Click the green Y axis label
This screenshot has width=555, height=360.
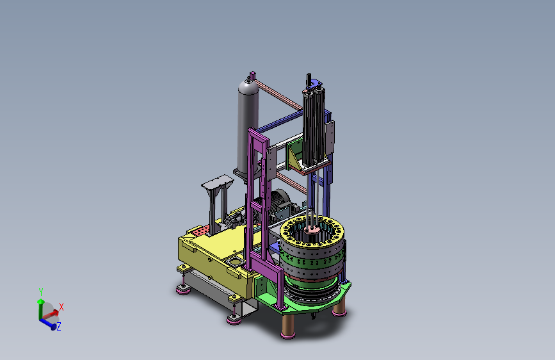click(x=41, y=292)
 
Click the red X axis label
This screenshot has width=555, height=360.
click(x=61, y=307)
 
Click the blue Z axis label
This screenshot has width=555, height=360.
click(x=59, y=326)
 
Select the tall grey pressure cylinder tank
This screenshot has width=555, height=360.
click(x=248, y=127)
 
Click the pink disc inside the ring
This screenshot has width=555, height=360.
click(x=312, y=229)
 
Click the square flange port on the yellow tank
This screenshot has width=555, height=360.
click(x=235, y=262)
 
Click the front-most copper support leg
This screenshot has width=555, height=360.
click(x=288, y=325)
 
